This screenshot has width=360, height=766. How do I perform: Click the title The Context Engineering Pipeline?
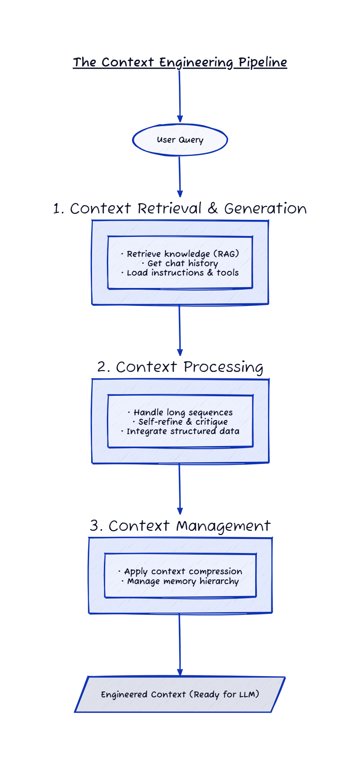180,63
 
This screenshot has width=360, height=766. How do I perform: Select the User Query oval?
180,140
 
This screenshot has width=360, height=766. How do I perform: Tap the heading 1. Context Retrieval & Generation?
180,208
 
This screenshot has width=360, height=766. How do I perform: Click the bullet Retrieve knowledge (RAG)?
180,254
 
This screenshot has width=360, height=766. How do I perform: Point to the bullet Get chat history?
180,263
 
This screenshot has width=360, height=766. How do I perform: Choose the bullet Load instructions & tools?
180,273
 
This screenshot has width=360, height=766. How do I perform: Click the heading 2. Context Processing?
180,367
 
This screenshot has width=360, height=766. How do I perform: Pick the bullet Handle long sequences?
180,412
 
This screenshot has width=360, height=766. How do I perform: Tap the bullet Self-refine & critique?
180,422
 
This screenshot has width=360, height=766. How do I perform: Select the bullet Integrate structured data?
180,431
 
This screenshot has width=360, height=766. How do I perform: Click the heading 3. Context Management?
180,526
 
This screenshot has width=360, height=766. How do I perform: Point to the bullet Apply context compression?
180,571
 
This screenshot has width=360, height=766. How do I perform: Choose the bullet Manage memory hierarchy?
180,581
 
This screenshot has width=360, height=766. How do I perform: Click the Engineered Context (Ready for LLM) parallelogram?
180,694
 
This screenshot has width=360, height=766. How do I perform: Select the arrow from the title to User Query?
179,96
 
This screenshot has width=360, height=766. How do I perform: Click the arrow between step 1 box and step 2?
179,331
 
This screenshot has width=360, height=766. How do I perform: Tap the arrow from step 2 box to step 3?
179,489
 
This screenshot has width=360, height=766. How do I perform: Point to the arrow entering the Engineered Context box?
179,645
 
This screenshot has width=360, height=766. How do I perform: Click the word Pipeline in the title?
262,63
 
